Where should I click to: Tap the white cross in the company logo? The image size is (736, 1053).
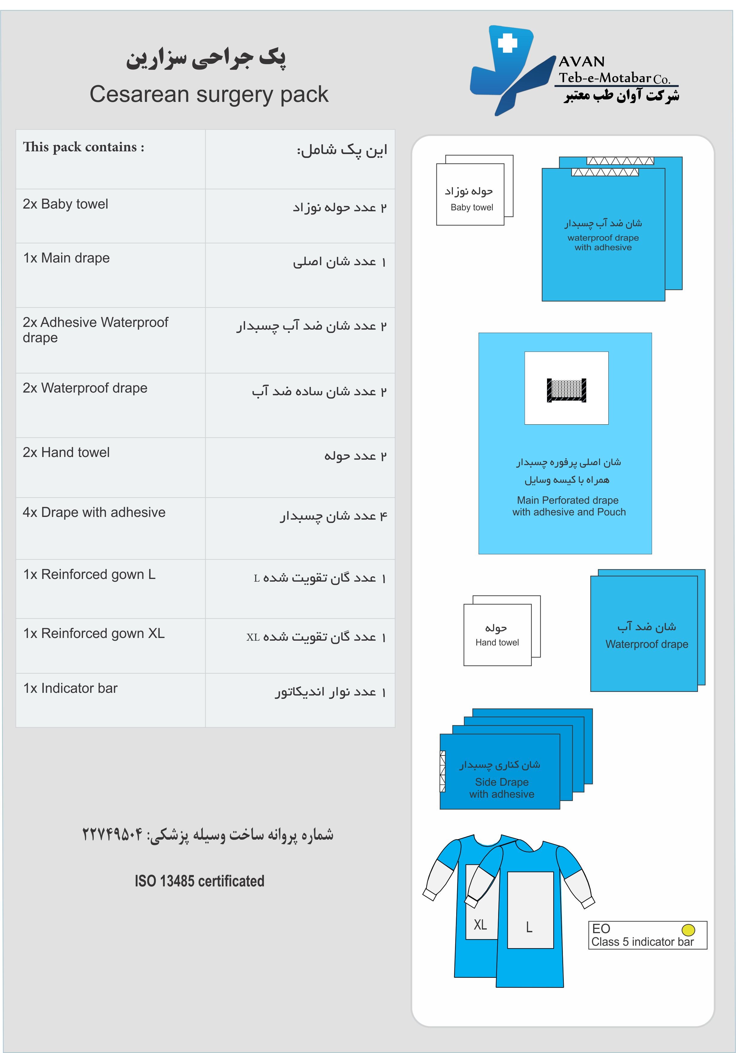pos(507,43)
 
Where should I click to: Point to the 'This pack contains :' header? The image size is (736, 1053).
pos(84,147)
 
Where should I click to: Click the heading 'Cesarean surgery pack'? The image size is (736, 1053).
pos(209,94)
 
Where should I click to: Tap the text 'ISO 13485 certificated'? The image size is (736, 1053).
pos(200,881)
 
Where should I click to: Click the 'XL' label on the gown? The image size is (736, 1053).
pos(480,924)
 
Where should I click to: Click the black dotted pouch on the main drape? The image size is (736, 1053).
pos(566,390)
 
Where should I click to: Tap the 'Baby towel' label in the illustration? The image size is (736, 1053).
pos(471,207)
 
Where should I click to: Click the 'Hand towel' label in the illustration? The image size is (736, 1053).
pos(497,642)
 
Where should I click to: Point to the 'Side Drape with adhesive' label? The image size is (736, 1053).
pos(502,788)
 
